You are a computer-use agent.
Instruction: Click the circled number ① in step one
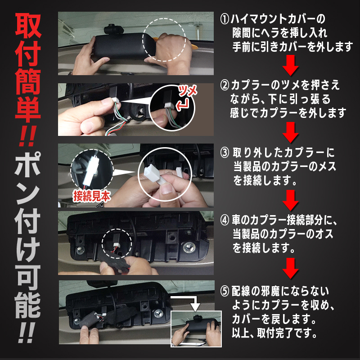225,19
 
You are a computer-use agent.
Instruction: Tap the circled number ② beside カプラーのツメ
225,85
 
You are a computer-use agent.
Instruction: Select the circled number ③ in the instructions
225,153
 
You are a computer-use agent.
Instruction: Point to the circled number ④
225,220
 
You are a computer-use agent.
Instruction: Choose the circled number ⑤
225,291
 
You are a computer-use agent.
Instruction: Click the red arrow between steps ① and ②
290,65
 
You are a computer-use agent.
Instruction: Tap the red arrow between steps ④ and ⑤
290,268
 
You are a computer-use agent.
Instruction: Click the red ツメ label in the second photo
187,91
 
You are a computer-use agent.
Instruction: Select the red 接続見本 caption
92,196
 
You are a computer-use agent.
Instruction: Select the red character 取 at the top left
28,26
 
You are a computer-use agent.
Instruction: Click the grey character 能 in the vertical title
28,305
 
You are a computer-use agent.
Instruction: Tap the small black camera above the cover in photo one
114,29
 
